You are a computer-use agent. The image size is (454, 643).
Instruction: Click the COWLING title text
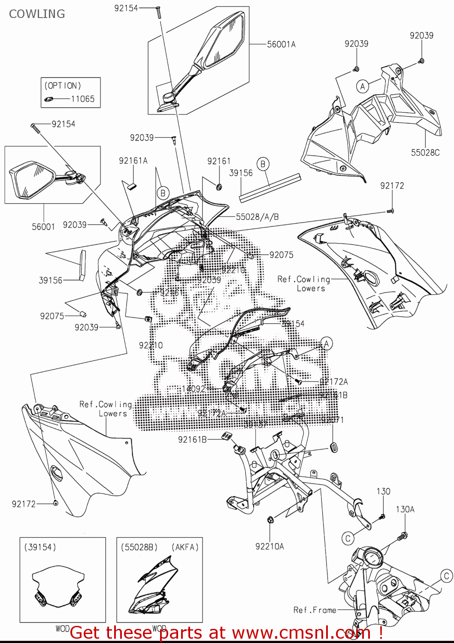37,14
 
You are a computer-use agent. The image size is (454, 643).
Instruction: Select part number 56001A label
281,44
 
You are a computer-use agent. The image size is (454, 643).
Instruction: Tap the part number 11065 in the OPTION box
82,99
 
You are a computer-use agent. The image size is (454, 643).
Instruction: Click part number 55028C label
425,153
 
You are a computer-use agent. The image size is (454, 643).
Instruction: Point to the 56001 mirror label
43,227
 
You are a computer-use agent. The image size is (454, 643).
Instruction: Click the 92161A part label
133,161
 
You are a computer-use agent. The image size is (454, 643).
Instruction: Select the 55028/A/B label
257,217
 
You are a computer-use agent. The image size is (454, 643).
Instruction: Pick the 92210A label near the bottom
269,547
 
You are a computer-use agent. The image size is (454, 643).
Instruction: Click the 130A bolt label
405,509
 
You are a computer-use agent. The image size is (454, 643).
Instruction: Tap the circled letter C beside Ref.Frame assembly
447,576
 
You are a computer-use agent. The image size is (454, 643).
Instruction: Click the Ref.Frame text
315,610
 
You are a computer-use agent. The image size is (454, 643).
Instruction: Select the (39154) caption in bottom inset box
40,547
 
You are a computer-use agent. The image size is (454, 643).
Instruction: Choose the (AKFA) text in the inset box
185,547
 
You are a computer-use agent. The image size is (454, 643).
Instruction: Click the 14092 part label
194,389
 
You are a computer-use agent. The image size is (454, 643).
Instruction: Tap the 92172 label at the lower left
24,504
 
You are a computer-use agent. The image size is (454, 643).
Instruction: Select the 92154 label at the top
126,8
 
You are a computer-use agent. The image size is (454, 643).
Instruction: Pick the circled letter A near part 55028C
363,87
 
